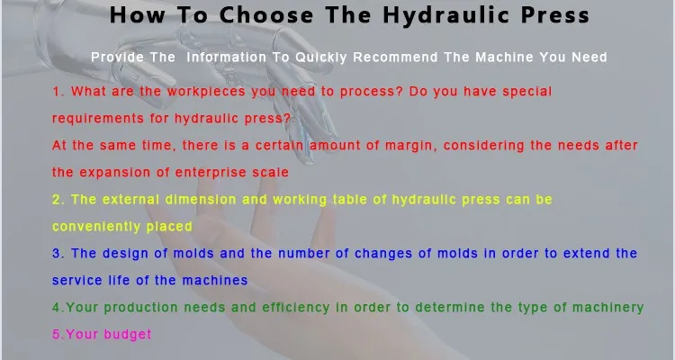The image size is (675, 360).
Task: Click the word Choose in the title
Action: [x=266, y=15]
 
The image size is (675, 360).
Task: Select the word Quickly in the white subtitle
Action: [x=321, y=58]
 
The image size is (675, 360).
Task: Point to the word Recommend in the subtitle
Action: [x=395, y=58]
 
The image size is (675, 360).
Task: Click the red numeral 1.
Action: [x=57, y=91]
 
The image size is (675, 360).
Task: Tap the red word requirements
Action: [x=98, y=119]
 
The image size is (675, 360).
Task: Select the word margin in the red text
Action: [x=410, y=146]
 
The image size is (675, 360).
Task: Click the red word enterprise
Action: [x=211, y=173]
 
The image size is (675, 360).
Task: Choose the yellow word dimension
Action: [x=201, y=200]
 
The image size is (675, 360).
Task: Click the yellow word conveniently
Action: [x=96, y=227]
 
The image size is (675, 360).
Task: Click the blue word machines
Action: [x=215, y=280]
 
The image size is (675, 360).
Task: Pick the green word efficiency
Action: [x=296, y=308]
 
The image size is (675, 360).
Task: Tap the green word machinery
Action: [x=607, y=308]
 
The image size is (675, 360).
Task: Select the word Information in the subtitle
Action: [x=227, y=58]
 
